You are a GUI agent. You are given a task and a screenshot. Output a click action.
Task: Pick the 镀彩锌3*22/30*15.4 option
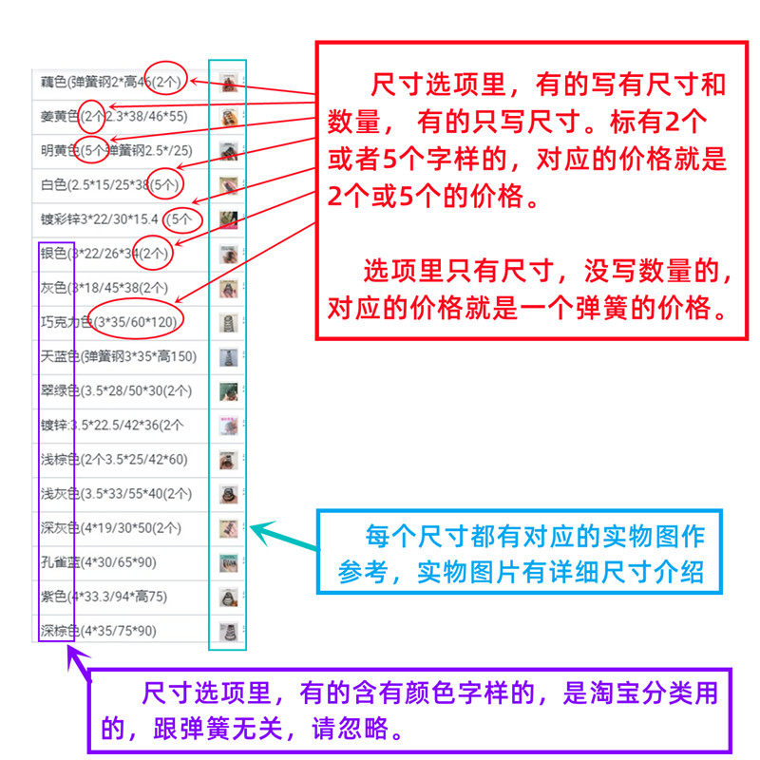pos(104,218)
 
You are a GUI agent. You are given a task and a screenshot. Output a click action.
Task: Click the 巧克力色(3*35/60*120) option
pos(109,322)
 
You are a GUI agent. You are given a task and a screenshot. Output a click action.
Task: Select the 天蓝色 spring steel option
pos(119,356)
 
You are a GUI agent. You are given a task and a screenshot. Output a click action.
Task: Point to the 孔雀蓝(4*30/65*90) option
pos(99,561)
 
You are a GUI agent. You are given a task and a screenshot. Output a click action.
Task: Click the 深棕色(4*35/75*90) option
pos(99,630)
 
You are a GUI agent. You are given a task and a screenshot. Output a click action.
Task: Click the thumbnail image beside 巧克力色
pos(227,322)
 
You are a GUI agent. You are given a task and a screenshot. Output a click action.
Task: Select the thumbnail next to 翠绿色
pos(227,390)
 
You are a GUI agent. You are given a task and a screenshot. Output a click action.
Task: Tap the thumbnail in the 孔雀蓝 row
pos(227,561)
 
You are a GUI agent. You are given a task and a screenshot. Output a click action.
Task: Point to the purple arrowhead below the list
pos(75,656)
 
